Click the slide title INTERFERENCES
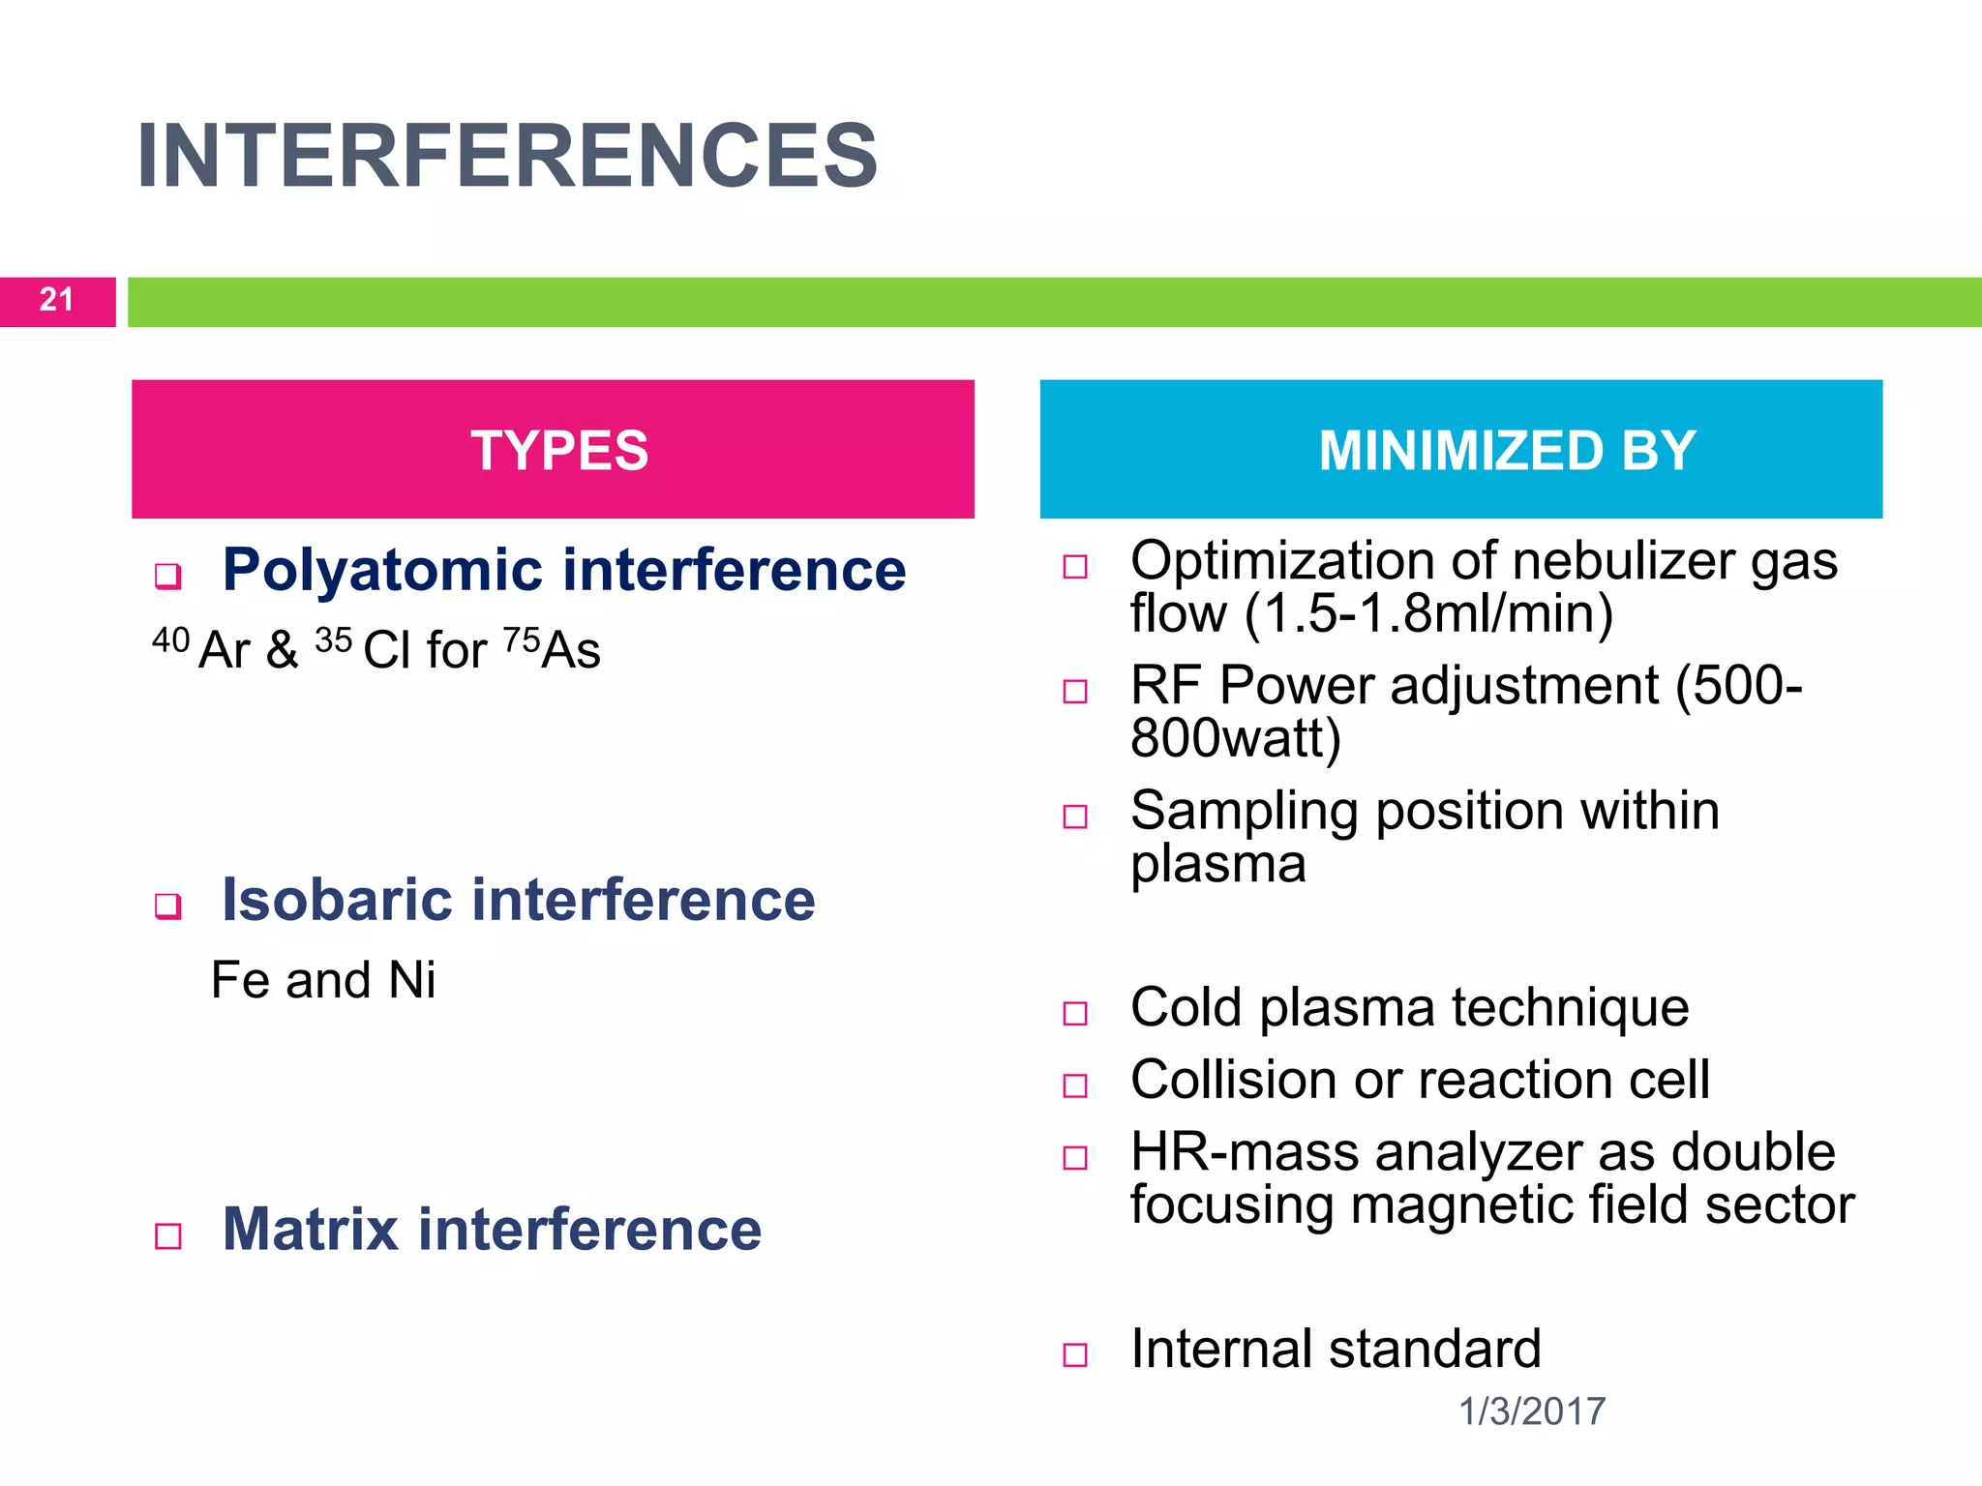(x=507, y=157)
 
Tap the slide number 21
(x=56, y=300)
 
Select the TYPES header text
(x=559, y=451)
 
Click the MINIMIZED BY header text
(x=1507, y=451)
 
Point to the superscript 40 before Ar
(x=171, y=639)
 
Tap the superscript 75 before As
(x=522, y=639)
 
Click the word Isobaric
(x=337, y=900)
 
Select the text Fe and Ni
(x=323, y=980)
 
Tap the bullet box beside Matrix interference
(x=168, y=1236)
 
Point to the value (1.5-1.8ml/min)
(x=1428, y=613)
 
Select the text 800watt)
(x=1236, y=738)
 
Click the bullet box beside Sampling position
(x=1075, y=817)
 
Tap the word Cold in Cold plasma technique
(x=1186, y=1008)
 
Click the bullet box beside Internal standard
(x=1075, y=1354)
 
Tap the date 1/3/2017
(x=1531, y=1412)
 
